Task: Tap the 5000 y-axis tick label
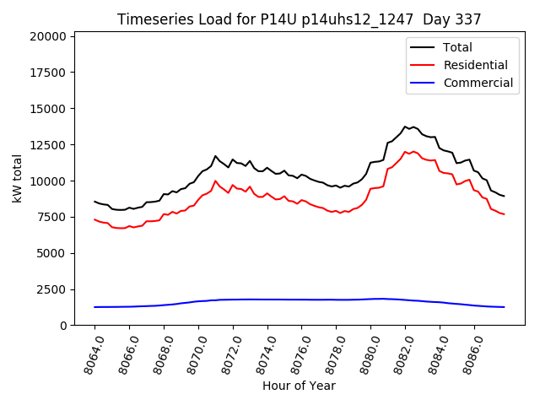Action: tap(51, 253)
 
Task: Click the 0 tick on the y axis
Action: tap(63, 326)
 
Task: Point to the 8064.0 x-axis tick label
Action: tap(88, 353)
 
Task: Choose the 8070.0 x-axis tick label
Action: tap(192, 353)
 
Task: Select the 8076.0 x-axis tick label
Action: tap(295, 353)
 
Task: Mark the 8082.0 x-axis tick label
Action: tap(398, 353)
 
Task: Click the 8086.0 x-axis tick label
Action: tap(467, 353)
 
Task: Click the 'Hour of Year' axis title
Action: tap(299, 386)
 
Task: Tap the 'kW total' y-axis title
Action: tap(17, 178)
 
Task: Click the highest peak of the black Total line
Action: tap(405, 127)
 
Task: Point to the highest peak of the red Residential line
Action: tap(405, 152)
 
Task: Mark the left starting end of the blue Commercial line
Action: tap(94, 307)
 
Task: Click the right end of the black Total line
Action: tap(504, 197)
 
